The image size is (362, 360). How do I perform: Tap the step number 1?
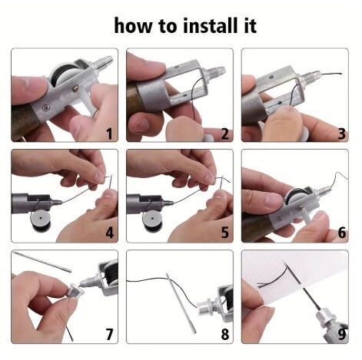click(109, 134)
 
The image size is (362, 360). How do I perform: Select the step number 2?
click(224, 134)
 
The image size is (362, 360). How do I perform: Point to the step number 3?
click(342, 134)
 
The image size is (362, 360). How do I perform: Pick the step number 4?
click(109, 233)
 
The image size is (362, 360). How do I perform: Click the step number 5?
click(224, 233)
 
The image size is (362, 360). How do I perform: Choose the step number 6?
click(342, 233)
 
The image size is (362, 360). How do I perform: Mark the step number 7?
click(109, 334)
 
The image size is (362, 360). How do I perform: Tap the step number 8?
click(224, 334)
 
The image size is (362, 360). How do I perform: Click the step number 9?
click(342, 334)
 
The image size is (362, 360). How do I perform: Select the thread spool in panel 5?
click(153, 220)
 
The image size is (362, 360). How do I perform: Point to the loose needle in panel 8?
click(181, 302)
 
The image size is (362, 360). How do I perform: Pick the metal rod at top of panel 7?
click(42, 262)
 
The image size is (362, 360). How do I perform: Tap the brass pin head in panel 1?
click(76, 89)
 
